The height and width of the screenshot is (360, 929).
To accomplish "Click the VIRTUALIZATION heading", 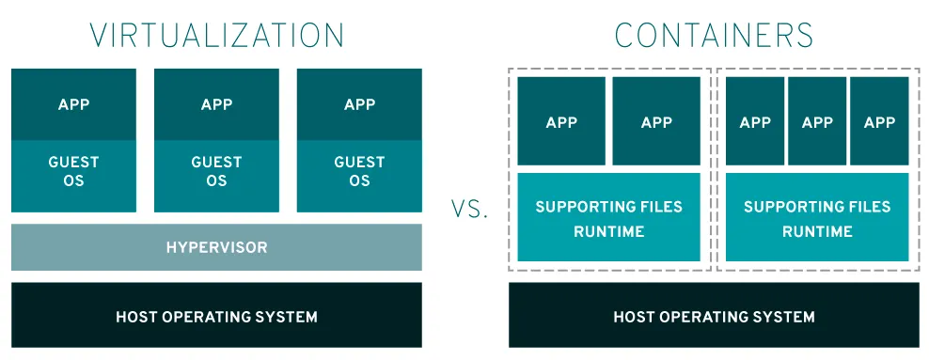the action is pyautogui.click(x=216, y=35).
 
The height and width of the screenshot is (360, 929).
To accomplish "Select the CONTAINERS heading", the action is pyautogui.click(x=714, y=35).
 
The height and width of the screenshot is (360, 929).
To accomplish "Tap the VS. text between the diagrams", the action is pyautogui.click(x=469, y=209).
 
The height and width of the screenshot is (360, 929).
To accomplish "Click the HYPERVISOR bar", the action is pyautogui.click(x=216, y=247).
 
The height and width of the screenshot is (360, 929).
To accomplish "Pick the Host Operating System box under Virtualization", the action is pyautogui.click(x=216, y=315).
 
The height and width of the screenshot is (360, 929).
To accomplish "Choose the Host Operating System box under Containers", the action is pyautogui.click(x=714, y=315).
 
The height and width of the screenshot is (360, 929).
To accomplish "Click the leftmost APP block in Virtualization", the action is pyautogui.click(x=73, y=104).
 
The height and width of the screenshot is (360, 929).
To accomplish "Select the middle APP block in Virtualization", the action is pyautogui.click(x=216, y=104).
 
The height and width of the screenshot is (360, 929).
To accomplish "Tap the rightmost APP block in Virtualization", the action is pyautogui.click(x=359, y=104).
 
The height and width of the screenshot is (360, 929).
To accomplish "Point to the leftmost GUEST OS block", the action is pyautogui.click(x=73, y=176).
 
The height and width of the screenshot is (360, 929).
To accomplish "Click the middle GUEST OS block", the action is pyautogui.click(x=216, y=176).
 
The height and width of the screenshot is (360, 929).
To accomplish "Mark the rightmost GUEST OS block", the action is pyautogui.click(x=359, y=176).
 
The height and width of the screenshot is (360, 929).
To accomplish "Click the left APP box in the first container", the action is pyautogui.click(x=561, y=121).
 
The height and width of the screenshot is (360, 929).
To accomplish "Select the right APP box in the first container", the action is pyautogui.click(x=656, y=121).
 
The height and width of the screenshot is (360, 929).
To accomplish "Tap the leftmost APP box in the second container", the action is pyautogui.click(x=755, y=121).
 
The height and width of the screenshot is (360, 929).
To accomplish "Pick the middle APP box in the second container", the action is pyautogui.click(x=817, y=121).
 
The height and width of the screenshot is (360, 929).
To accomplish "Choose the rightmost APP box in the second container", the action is pyautogui.click(x=879, y=121).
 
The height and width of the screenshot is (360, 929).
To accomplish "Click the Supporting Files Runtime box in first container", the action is pyautogui.click(x=609, y=217).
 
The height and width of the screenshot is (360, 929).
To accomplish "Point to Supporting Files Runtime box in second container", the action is pyautogui.click(x=817, y=217).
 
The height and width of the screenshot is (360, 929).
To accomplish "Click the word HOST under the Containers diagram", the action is pyautogui.click(x=632, y=317).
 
